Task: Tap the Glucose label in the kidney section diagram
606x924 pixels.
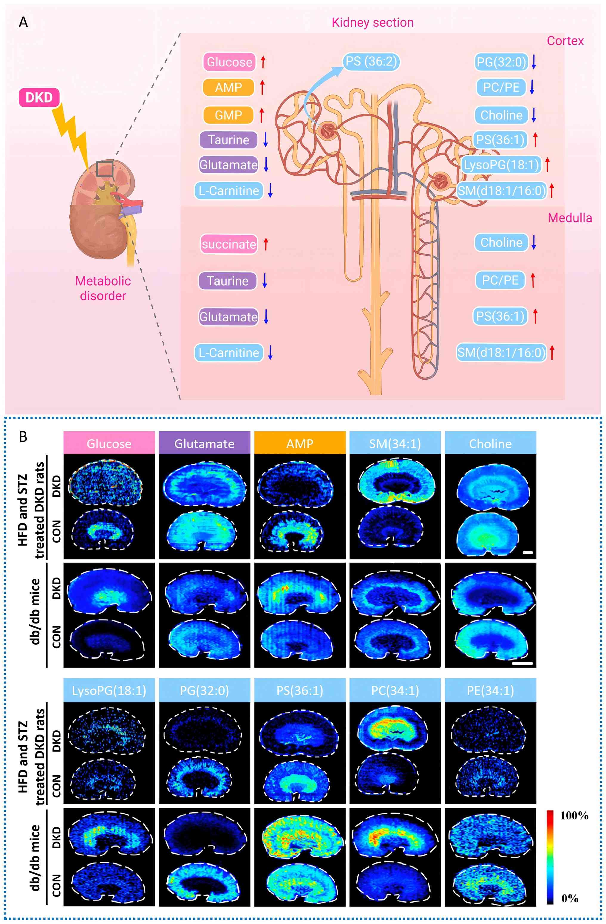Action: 229,62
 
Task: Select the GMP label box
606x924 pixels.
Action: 228,115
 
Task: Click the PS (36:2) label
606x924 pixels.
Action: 371,62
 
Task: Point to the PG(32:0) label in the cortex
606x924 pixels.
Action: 501,62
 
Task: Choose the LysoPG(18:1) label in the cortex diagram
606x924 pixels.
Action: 501,165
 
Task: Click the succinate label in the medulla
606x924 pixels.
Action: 228,244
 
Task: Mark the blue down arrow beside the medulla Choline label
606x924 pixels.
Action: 534,242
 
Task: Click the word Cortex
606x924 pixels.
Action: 565,41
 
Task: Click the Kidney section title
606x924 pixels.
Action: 372,23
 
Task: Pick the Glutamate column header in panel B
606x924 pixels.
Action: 205,444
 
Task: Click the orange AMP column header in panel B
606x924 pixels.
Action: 300,444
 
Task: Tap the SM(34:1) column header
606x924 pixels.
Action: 395,444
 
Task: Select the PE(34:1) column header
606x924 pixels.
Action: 490,691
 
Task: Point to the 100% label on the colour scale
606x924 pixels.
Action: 574,816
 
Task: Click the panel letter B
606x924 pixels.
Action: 23,437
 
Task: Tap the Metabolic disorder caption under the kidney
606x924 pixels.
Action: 103,288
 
